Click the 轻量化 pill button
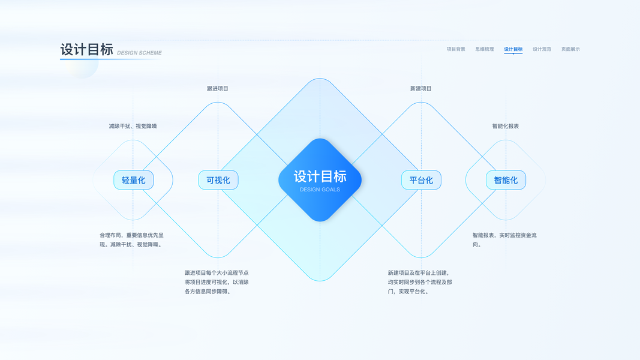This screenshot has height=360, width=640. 134,180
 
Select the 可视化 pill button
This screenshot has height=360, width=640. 218,180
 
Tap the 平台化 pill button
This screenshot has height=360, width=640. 421,180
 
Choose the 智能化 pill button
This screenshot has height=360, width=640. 506,180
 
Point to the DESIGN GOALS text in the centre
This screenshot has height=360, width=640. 320,190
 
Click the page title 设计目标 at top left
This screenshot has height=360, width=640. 87,50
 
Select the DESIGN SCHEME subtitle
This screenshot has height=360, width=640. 139,53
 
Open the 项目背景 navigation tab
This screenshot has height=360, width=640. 456,49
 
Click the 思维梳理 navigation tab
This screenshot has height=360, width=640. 485,49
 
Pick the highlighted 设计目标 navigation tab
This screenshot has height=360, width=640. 513,49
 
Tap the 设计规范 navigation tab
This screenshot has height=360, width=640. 542,49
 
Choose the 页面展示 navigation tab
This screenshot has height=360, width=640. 570,49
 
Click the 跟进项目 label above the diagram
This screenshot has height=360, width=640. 218,88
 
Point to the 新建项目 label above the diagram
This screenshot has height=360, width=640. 421,88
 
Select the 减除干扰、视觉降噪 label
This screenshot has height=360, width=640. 133,126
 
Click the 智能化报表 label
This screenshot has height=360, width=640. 506,126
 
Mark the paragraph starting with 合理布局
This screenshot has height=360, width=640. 131,240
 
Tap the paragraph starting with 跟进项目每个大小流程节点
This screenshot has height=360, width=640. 217,282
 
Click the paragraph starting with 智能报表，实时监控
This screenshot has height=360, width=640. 504,240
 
